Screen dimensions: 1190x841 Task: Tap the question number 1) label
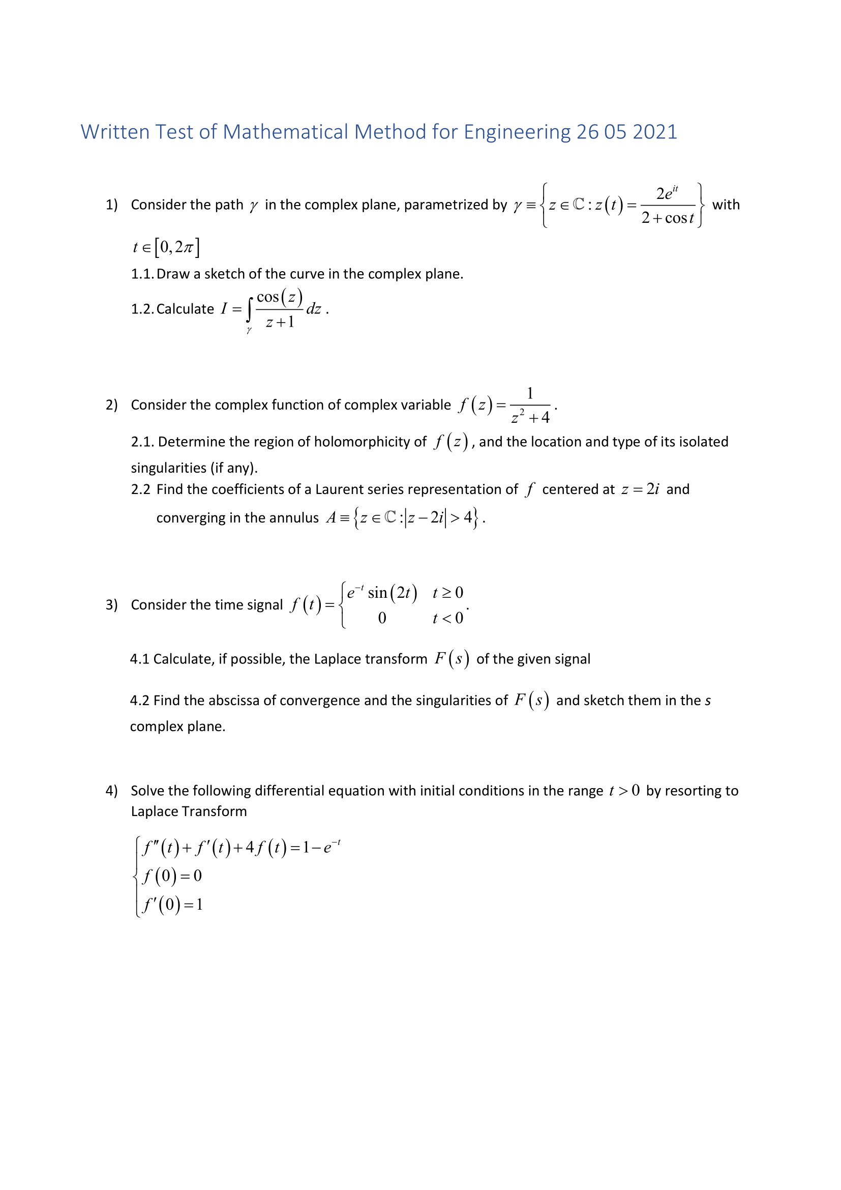[x=112, y=205]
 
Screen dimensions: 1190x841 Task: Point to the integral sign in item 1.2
[x=250, y=310]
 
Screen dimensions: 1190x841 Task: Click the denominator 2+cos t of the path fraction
[x=667, y=218]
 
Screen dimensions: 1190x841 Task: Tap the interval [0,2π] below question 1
[x=178, y=247]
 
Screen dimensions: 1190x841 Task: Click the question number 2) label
[x=112, y=405]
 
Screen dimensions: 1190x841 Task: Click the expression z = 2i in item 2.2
[x=640, y=490]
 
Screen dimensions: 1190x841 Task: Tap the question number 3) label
[x=112, y=605]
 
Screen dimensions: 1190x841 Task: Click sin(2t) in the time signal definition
[x=392, y=593]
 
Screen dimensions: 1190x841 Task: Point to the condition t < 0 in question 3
[x=448, y=618]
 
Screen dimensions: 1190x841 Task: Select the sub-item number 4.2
[x=140, y=701]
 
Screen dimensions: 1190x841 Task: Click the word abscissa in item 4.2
[x=233, y=701]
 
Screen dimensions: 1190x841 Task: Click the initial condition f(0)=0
[x=172, y=877]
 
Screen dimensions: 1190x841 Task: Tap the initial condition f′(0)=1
[x=172, y=905]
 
